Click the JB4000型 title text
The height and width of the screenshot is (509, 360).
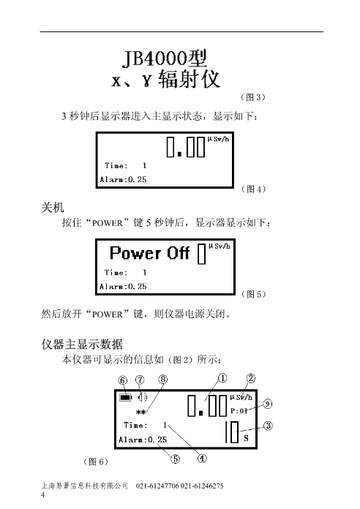coord(165,59)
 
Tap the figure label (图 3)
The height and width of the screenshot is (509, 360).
coord(253,97)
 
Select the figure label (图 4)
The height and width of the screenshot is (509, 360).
coord(253,189)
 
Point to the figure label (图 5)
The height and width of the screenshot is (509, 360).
coord(253,294)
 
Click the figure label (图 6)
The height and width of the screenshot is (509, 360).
coord(96,461)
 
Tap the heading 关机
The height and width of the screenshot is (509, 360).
coord(53,208)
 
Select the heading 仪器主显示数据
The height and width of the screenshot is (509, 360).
coord(82,344)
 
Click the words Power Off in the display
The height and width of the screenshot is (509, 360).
coord(149,253)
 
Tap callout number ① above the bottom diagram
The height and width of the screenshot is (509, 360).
coord(222,378)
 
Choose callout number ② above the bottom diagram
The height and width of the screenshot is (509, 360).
coord(251,378)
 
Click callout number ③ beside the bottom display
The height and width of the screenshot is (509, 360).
coord(268,426)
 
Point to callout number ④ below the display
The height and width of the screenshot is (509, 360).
coord(202,459)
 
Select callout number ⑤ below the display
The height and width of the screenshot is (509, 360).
coord(175,459)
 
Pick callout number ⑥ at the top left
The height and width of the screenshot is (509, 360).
coord(123,380)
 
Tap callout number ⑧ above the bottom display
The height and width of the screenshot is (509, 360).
coord(163,379)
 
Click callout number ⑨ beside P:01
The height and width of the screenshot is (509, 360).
coord(267,404)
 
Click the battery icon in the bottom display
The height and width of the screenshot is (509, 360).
coord(125,397)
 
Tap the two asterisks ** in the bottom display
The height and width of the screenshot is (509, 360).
coord(140,412)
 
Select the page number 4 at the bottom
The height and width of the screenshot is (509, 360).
coord(43,494)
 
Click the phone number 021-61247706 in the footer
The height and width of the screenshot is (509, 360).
coord(157,486)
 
